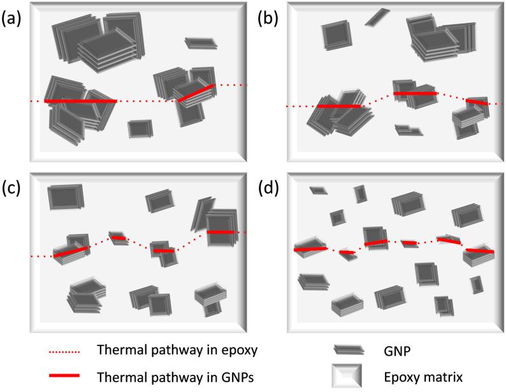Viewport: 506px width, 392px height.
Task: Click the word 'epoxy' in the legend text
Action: tap(225, 351)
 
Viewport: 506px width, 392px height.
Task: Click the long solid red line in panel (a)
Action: tap(80, 101)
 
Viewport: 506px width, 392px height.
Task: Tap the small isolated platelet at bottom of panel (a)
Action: tap(137, 128)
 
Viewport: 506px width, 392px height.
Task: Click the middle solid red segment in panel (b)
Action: tap(416, 94)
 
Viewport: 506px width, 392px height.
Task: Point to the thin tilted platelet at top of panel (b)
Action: tap(376, 17)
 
